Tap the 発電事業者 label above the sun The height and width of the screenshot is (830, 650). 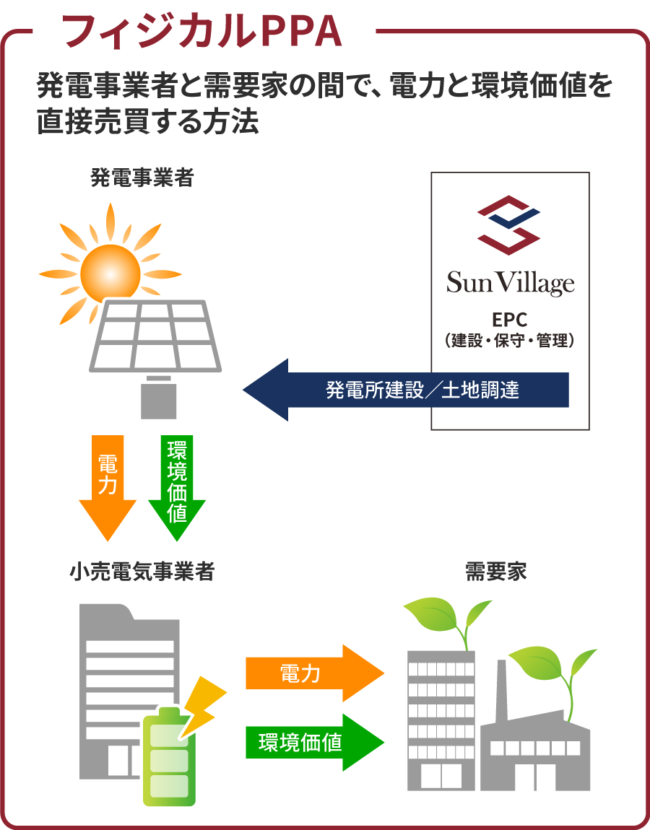(142, 178)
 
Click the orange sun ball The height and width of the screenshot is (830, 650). (110, 274)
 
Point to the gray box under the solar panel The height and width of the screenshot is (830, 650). (158, 401)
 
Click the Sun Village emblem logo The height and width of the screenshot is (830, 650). (509, 225)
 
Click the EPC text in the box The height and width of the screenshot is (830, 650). (510, 320)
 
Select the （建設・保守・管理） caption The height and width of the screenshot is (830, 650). (510, 340)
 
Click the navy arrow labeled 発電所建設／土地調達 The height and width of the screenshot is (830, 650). (405, 390)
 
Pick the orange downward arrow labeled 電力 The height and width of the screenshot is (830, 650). (108, 487)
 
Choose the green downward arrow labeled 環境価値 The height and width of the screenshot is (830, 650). (176, 487)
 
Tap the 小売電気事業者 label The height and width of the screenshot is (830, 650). (142, 572)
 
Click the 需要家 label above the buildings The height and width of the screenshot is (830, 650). (496, 572)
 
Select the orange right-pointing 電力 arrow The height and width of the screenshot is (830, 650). (315, 673)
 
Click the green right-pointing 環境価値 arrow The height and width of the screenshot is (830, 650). (315, 742)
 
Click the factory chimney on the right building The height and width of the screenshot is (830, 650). (501, 691)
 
